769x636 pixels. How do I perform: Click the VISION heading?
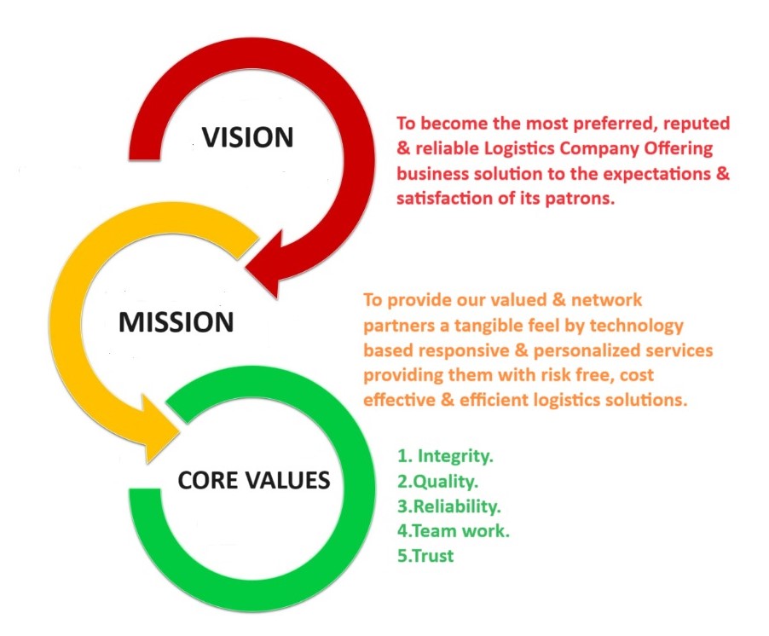pyautogui.click(x=246, y=136)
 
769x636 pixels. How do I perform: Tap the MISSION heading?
pyautogui.click(x=176, y=322)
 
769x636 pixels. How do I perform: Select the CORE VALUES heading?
pyautogui.click(x=253, y=481)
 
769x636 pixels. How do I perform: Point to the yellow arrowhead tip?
pyautogui.click(x=175, y=438)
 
